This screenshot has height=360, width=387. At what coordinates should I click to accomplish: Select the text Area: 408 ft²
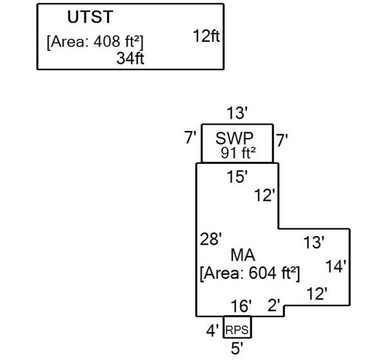[x=95, y=42]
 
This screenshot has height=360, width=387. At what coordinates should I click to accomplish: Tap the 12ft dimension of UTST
[x=206, y=36]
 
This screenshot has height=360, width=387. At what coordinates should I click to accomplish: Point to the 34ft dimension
[x=130, y=59]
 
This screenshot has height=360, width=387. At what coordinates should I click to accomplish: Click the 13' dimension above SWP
[x=237, y=114]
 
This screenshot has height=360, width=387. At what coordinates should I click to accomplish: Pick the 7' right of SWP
[x=283, y=139]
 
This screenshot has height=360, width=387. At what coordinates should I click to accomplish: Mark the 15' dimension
[x=237, y=176]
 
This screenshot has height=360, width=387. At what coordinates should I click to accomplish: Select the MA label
[x=243, y=256]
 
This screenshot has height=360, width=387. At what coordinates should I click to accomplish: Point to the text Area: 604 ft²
[x=250, y=273]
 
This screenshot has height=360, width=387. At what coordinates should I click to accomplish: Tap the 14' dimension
[x=336, y=266]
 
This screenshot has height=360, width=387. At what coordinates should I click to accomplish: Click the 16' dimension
[x=242, y=306]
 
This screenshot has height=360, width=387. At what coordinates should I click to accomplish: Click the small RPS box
[x=237, y=330]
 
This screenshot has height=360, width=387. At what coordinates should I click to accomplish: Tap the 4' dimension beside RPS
[x=212, y=331]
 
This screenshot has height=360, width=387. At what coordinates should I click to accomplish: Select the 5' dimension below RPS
[x=237, y=349]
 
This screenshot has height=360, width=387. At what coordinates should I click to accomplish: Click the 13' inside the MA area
[x=314, y=243]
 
